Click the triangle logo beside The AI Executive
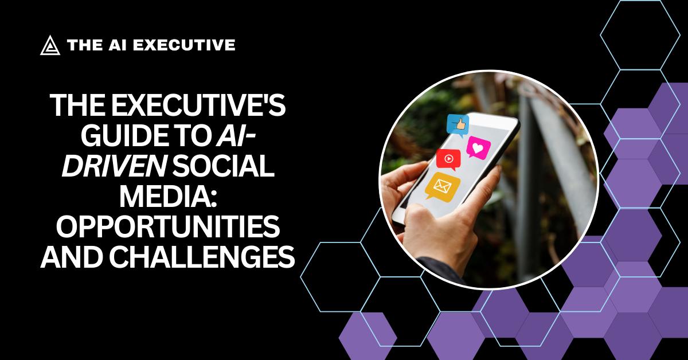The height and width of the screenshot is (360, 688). click(x=50, y=45)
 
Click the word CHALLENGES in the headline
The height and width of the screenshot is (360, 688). click(x=202, y=258)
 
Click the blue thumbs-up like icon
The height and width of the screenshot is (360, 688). click(x=458, y=125)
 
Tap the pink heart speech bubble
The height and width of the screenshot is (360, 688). click(x=478, y=147)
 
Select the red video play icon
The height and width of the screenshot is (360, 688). click(x=448, y=159)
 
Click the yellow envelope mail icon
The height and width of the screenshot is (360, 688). click(x=443, y=186)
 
